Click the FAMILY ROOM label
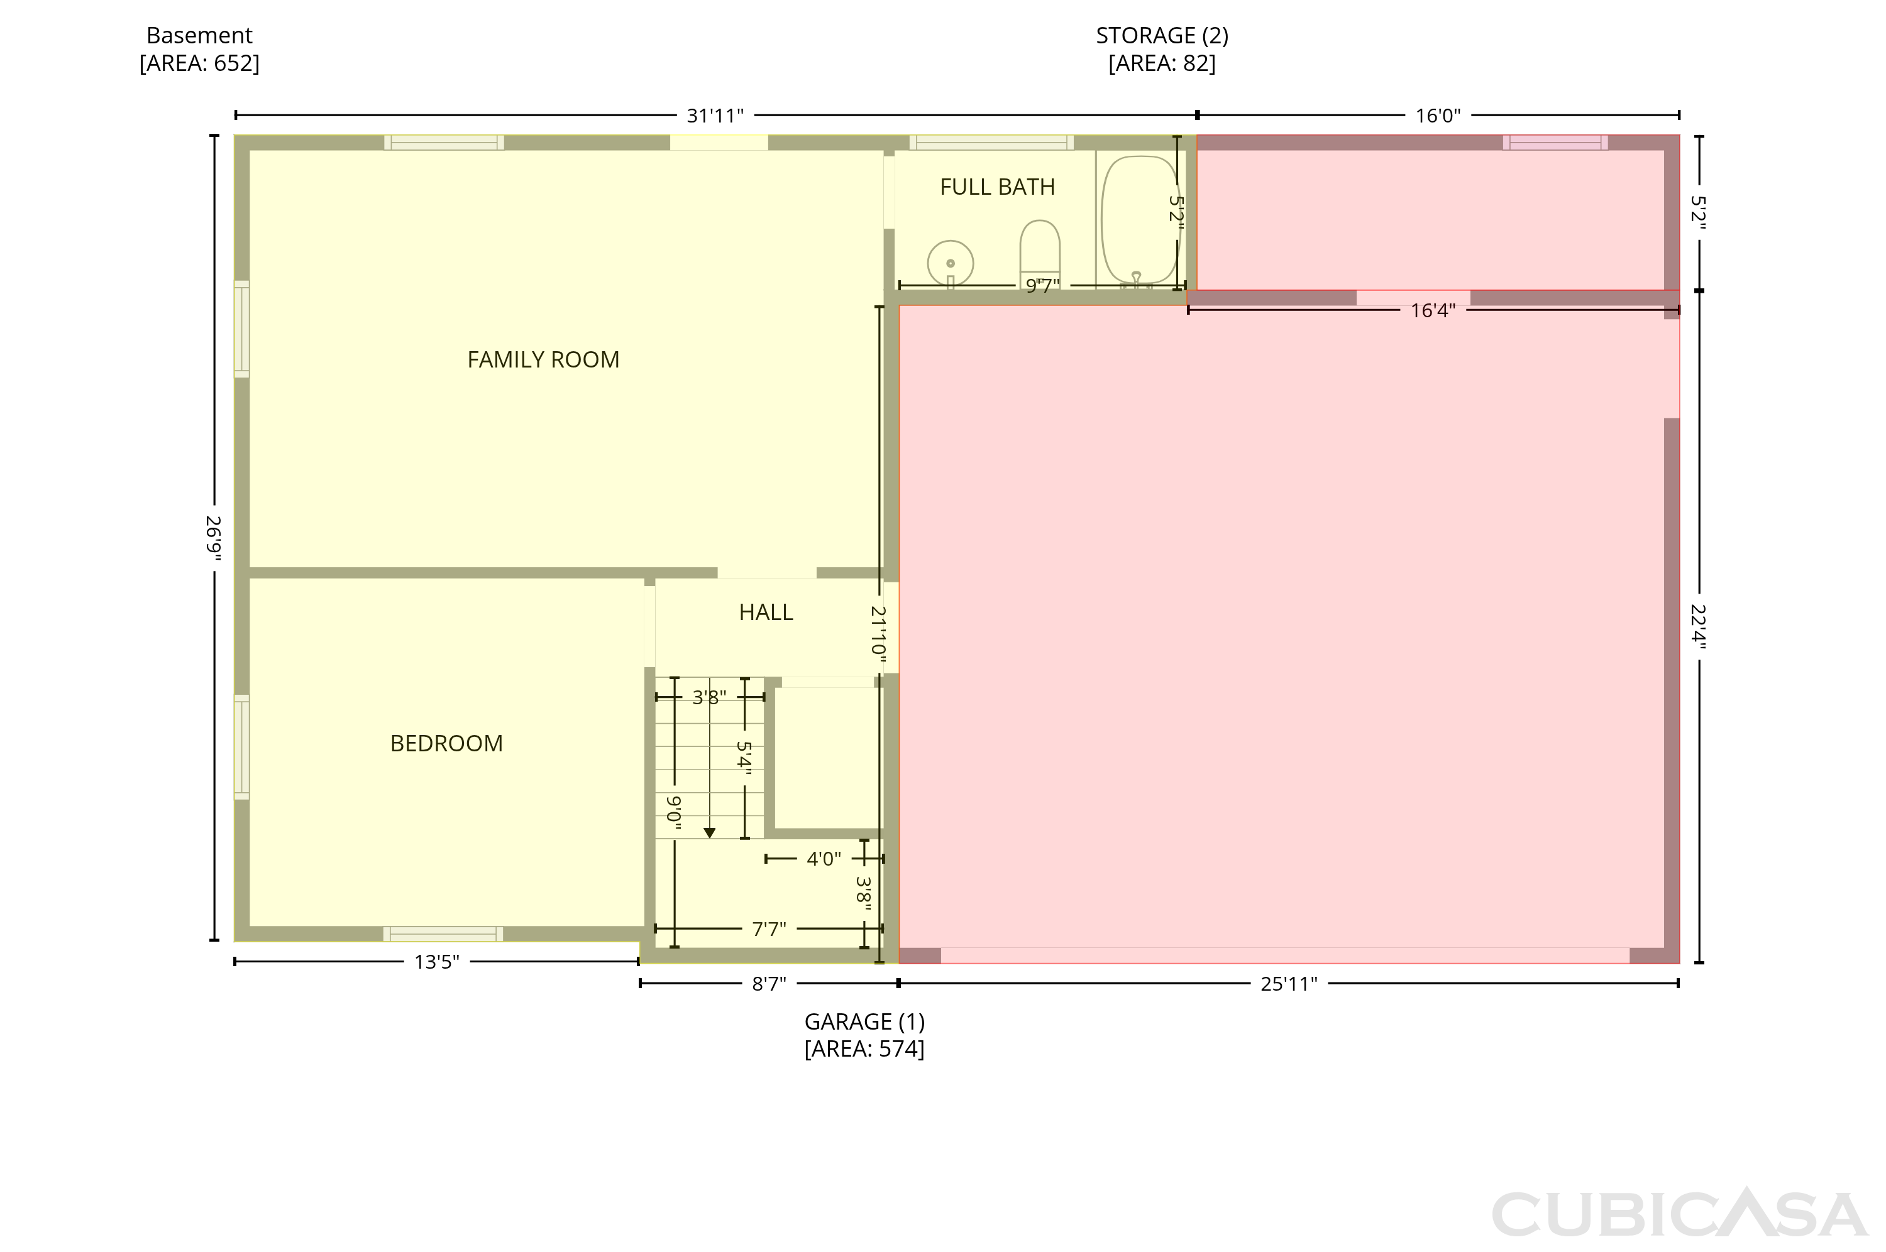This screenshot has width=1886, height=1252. click(543, 360)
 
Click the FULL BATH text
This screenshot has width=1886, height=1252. click(997, 187)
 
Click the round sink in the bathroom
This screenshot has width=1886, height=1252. click(951, 263)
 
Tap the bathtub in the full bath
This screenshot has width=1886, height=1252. click(1139, 220)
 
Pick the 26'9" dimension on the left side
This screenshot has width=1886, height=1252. click(213, 538)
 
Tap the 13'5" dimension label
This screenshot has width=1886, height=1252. click(437, 963)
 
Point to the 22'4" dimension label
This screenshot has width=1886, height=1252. click(1698, 627)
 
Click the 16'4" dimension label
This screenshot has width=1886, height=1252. click(1433, 310)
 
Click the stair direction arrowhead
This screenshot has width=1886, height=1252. click(709, 834)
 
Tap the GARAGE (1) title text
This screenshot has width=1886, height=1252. click(864, 1022)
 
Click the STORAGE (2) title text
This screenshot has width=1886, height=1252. click(1162, 36)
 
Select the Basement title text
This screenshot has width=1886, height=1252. click(200, 36)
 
